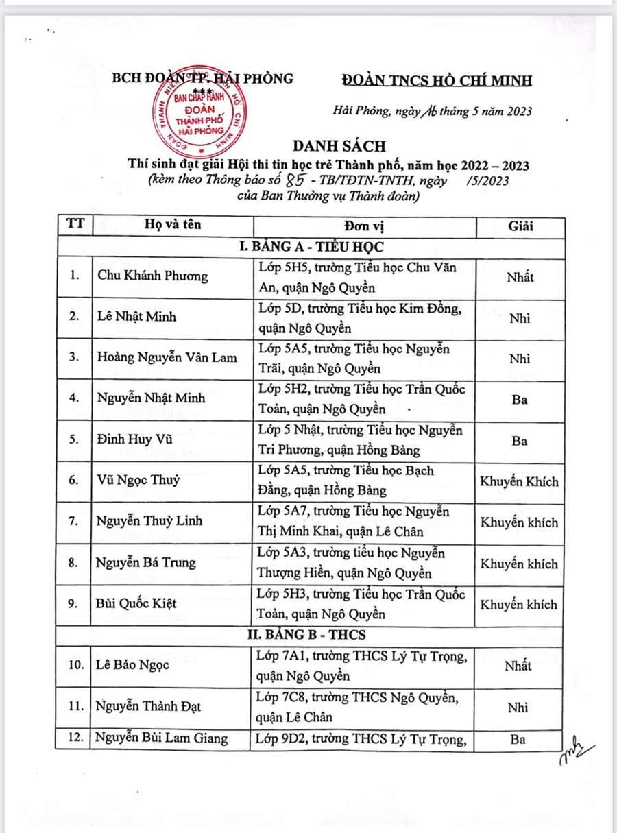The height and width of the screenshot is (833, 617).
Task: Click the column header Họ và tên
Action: tap(173, 226)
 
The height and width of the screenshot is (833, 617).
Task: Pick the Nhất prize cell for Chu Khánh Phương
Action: tap(520, 276)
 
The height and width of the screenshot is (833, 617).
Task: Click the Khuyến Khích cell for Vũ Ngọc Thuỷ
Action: tap(520, 481)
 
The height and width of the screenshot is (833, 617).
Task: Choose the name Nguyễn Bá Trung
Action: tap(146, 562)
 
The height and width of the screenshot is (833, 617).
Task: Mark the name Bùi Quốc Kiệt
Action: tap(137, 603)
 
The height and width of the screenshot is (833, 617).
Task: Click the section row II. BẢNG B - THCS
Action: tap(306, 634)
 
